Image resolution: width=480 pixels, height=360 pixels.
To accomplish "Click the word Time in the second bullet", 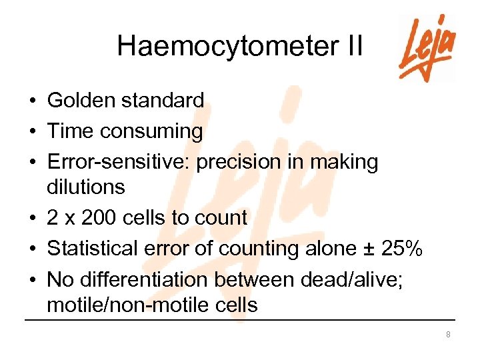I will [x=71, y=131].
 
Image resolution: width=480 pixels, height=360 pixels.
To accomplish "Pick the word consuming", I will [x=151, y=132].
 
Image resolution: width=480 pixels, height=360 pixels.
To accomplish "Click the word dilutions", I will [x=86, y=187].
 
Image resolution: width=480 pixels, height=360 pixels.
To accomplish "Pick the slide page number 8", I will [x=449, y=334].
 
